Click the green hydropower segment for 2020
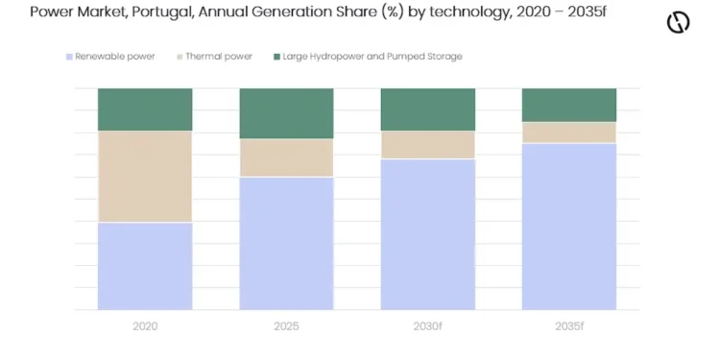pyautogui.click(x=145, y=109)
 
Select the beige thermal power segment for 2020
pyautogui.click(x=145, y=177)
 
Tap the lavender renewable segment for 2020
pyautogui.click(x=145, y=266)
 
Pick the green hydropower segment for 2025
pyautogui.click(x=286, y=113)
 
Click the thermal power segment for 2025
pyautogui.click(x=286, y=158)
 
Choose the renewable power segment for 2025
pyautogui.click(x=286, y=244)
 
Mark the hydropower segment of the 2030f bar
pyautogui.click(x=428, y=109)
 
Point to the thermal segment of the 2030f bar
pyautogui.click(x=428, y=145)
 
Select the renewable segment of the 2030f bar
pyautogui.click(x=428, y=234)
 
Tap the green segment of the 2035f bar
pyautogui.click(x=569, y=106)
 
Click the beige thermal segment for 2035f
pyautogui.click(x=569, y=132)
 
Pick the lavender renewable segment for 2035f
pyautogui.click(x=569, y=227)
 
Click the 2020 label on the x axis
pyautogui.click(x=145, y=326)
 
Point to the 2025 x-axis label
pyautogui.click(x=286, y=326)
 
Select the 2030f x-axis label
pyautogui.click(x=428, y=326)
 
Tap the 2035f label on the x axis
pyautogui.click(x=569, y=326)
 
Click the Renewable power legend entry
pyautogui.click(x=110, y=57)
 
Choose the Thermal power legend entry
pyautogui.click(x=215, y=57)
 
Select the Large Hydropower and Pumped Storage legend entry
pyautogui.click(x=368, y=57)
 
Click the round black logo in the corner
pyautogui.click(x=678, y=22)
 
